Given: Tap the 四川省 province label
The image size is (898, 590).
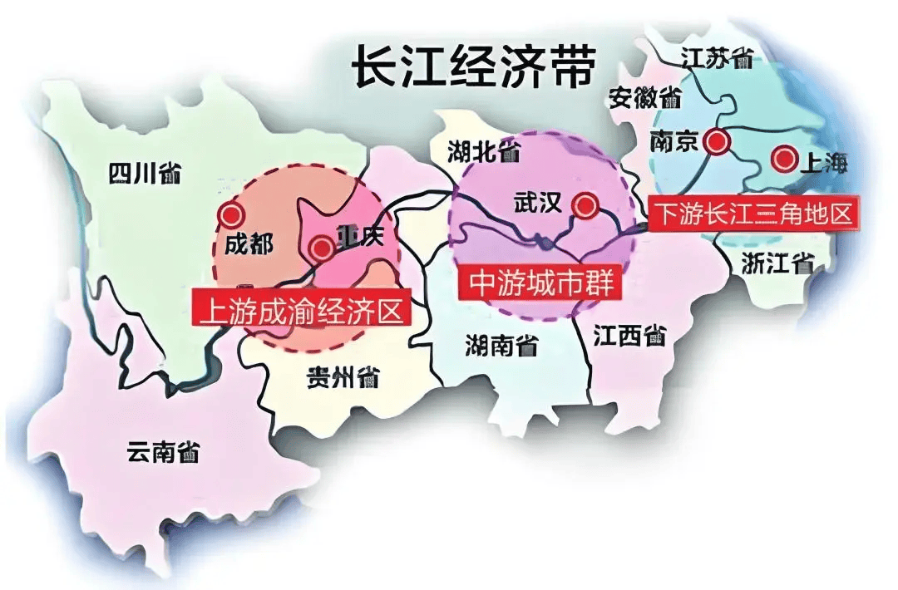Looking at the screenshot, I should tap(145, 174).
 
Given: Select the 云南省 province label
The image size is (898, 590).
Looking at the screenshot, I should tap(163, 451).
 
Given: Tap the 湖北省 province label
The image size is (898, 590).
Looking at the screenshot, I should tap(484, 151).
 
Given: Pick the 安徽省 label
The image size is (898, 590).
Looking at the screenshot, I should tap(644, 98).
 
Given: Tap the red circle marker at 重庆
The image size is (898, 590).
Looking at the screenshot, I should tap(320, 247).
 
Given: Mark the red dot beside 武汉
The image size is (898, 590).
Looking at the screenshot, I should tap(585, 205).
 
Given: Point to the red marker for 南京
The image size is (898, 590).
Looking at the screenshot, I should tap(715, 142).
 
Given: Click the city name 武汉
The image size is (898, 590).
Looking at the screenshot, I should tap(540, 204).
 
